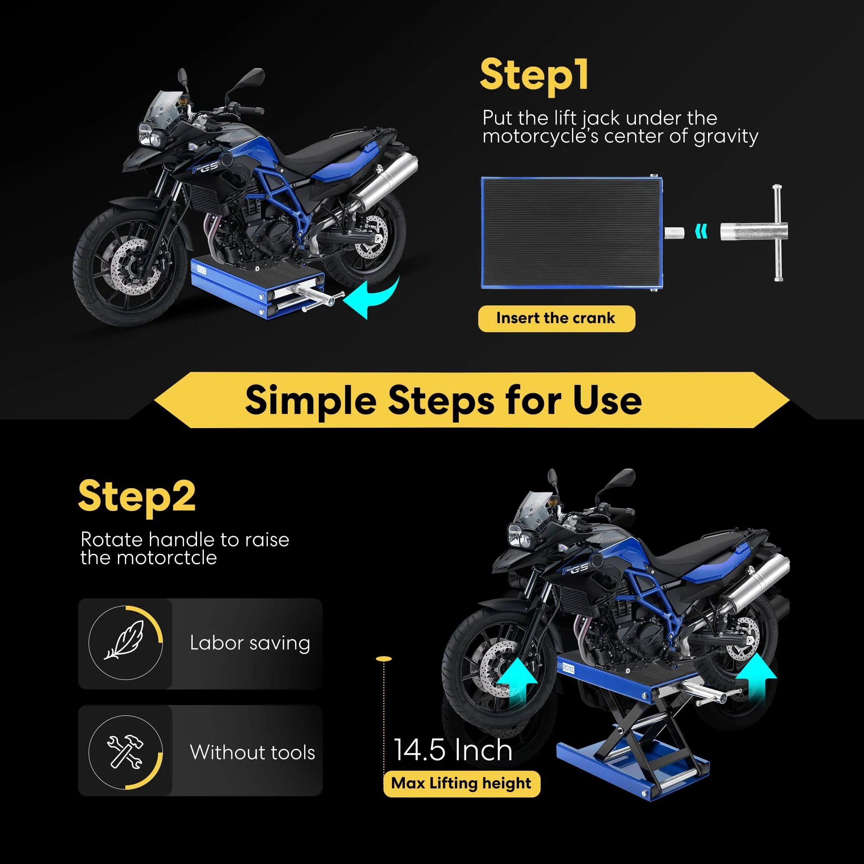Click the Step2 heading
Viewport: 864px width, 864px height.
137,496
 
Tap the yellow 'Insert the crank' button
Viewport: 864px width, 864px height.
556,318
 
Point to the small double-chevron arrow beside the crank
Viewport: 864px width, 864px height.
702,232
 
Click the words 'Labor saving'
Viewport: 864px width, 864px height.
250,643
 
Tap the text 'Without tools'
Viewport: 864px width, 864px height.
252,752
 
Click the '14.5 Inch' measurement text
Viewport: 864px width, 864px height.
453,750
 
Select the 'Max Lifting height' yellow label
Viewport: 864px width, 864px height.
461,784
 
